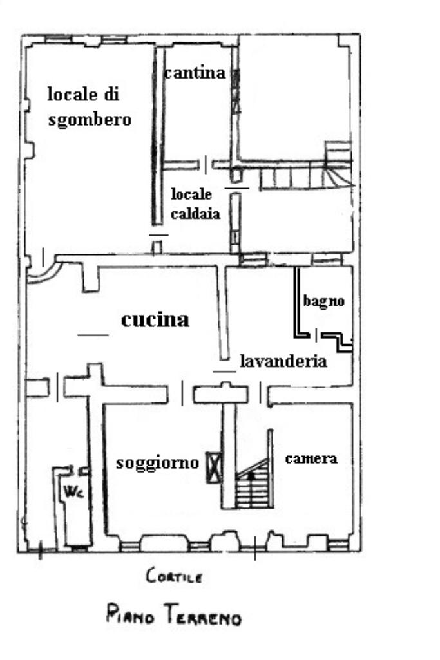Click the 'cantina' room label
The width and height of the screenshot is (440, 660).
click(x=195, y=73)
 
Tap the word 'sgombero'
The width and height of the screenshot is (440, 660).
click(x=90, y=120)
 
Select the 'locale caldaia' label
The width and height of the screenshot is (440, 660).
click(x=195, y=203)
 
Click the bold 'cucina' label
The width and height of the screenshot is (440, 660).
click(x=155, y=320)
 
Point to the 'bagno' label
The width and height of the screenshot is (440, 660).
click(x=324, y=301)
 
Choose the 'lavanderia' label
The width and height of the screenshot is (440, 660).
click(x=283, y=361)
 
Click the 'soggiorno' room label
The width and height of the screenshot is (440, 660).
click(x=157, y=463)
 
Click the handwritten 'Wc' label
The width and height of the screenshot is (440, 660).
click(x=73, y=491)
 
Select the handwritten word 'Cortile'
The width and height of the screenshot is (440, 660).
click(x=174, y=576)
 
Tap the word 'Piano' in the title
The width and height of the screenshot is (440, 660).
click(x=130, y=614)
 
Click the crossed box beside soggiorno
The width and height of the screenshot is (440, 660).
click(x=214, y=467)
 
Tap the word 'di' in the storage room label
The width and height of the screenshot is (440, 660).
click(x=111, y=94)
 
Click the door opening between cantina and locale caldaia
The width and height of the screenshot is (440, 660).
click(x=206, y=165)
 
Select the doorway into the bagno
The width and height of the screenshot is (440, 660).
click(x=316, y=335)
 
